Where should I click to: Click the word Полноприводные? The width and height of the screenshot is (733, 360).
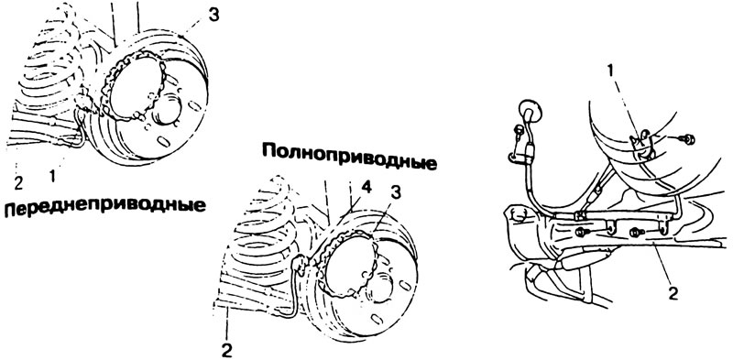(x=349, y=157)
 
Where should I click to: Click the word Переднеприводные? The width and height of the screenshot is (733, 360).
(x=104, y=207)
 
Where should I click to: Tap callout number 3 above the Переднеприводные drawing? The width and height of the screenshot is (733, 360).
(x=213, y=15)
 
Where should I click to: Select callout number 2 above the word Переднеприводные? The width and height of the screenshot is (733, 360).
(x=18, y=183)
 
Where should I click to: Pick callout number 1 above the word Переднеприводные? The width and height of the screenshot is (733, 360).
(x=52, y=176)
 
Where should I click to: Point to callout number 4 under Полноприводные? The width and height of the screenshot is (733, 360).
(x=367, y=189)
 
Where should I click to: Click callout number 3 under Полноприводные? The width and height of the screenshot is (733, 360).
(x=396, y=193)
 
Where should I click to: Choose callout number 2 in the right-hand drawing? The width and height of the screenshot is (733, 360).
(x=672, y=294)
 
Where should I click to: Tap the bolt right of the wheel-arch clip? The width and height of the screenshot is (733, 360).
(x=686, y=139)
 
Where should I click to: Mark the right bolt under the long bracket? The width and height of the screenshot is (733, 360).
(x=637, y=232)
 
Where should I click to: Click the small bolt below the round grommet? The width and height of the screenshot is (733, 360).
(x=517, y=130)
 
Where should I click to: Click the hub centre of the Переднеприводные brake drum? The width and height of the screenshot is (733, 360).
(x=170, y=111)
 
